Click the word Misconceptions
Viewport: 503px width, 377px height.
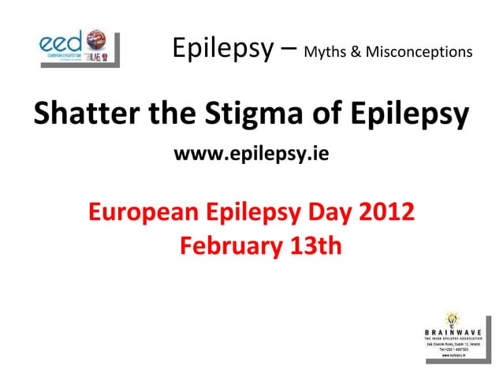pos(419,53)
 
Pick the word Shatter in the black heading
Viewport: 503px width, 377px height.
pos(82,116)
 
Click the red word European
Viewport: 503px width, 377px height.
pos(143,213)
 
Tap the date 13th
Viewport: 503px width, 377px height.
pos(314,246)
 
